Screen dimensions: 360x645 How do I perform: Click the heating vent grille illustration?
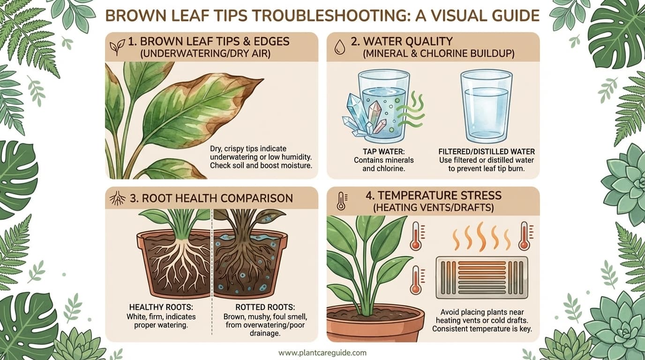point(481,277)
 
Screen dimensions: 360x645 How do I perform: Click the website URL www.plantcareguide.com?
point(322,353)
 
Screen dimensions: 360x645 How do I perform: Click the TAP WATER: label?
point(382,152)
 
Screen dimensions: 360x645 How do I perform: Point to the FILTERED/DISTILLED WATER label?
point(487,152)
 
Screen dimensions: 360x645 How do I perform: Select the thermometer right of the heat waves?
point(524,236)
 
